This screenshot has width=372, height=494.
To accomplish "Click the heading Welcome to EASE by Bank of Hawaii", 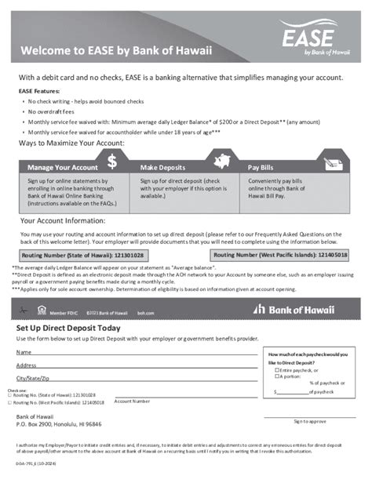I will click(115, 52).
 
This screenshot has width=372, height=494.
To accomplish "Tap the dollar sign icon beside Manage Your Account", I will click(112, 161).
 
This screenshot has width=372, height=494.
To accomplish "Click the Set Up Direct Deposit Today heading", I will click(68, 328).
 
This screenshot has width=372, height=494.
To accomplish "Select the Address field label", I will click(27, 365).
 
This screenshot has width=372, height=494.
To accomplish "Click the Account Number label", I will click(132, 401).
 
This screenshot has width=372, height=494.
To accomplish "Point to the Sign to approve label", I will click(309, 421).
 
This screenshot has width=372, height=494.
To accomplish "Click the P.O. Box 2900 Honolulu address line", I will click(59, 423).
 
